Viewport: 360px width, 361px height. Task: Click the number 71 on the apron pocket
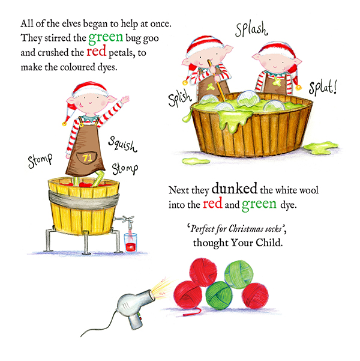point(87,158)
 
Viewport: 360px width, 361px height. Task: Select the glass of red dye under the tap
point(130,243)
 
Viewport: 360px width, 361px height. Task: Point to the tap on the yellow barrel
point(125,219)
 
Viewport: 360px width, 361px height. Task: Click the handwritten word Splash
point(251,29)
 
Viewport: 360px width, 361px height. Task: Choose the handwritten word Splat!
point(322,88)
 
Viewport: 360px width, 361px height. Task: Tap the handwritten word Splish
point(179,98)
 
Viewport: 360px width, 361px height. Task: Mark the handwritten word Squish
point(122,144)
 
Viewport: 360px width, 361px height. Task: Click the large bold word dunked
point(234,189)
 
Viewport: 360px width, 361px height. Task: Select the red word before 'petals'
point(96,51)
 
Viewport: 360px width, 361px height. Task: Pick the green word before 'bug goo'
point(106,37)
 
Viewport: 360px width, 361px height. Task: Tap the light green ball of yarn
point(239,274)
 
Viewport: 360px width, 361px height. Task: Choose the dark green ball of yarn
point(219,296)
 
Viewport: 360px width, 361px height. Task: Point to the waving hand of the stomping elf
point(124,100)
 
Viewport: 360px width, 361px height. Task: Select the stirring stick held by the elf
point(216,80)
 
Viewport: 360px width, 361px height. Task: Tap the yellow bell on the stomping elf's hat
point(64,124)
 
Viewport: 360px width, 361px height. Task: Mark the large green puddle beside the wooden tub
point(320,148)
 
